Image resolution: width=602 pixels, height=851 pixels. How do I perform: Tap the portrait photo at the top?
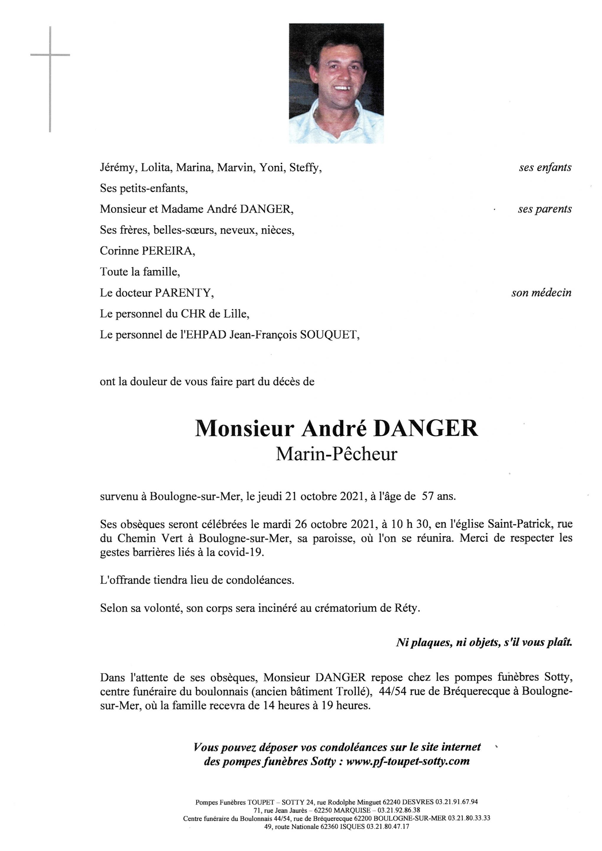pyautogui.click(x=336, y=83)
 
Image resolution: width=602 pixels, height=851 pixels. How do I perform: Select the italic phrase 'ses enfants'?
pyautogui.click(x=545, y=168)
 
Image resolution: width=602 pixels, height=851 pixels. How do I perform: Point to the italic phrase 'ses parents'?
pyautogui.click(x=545, y=209)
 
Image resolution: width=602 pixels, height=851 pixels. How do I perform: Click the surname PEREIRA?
pyautogui.click(x=168, y=251)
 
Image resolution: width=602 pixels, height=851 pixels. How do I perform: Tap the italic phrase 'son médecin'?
pyautogui.click(x=541, y=293)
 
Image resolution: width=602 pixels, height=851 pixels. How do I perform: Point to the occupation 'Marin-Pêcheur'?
pyautogui.click(x=336, y=454)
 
